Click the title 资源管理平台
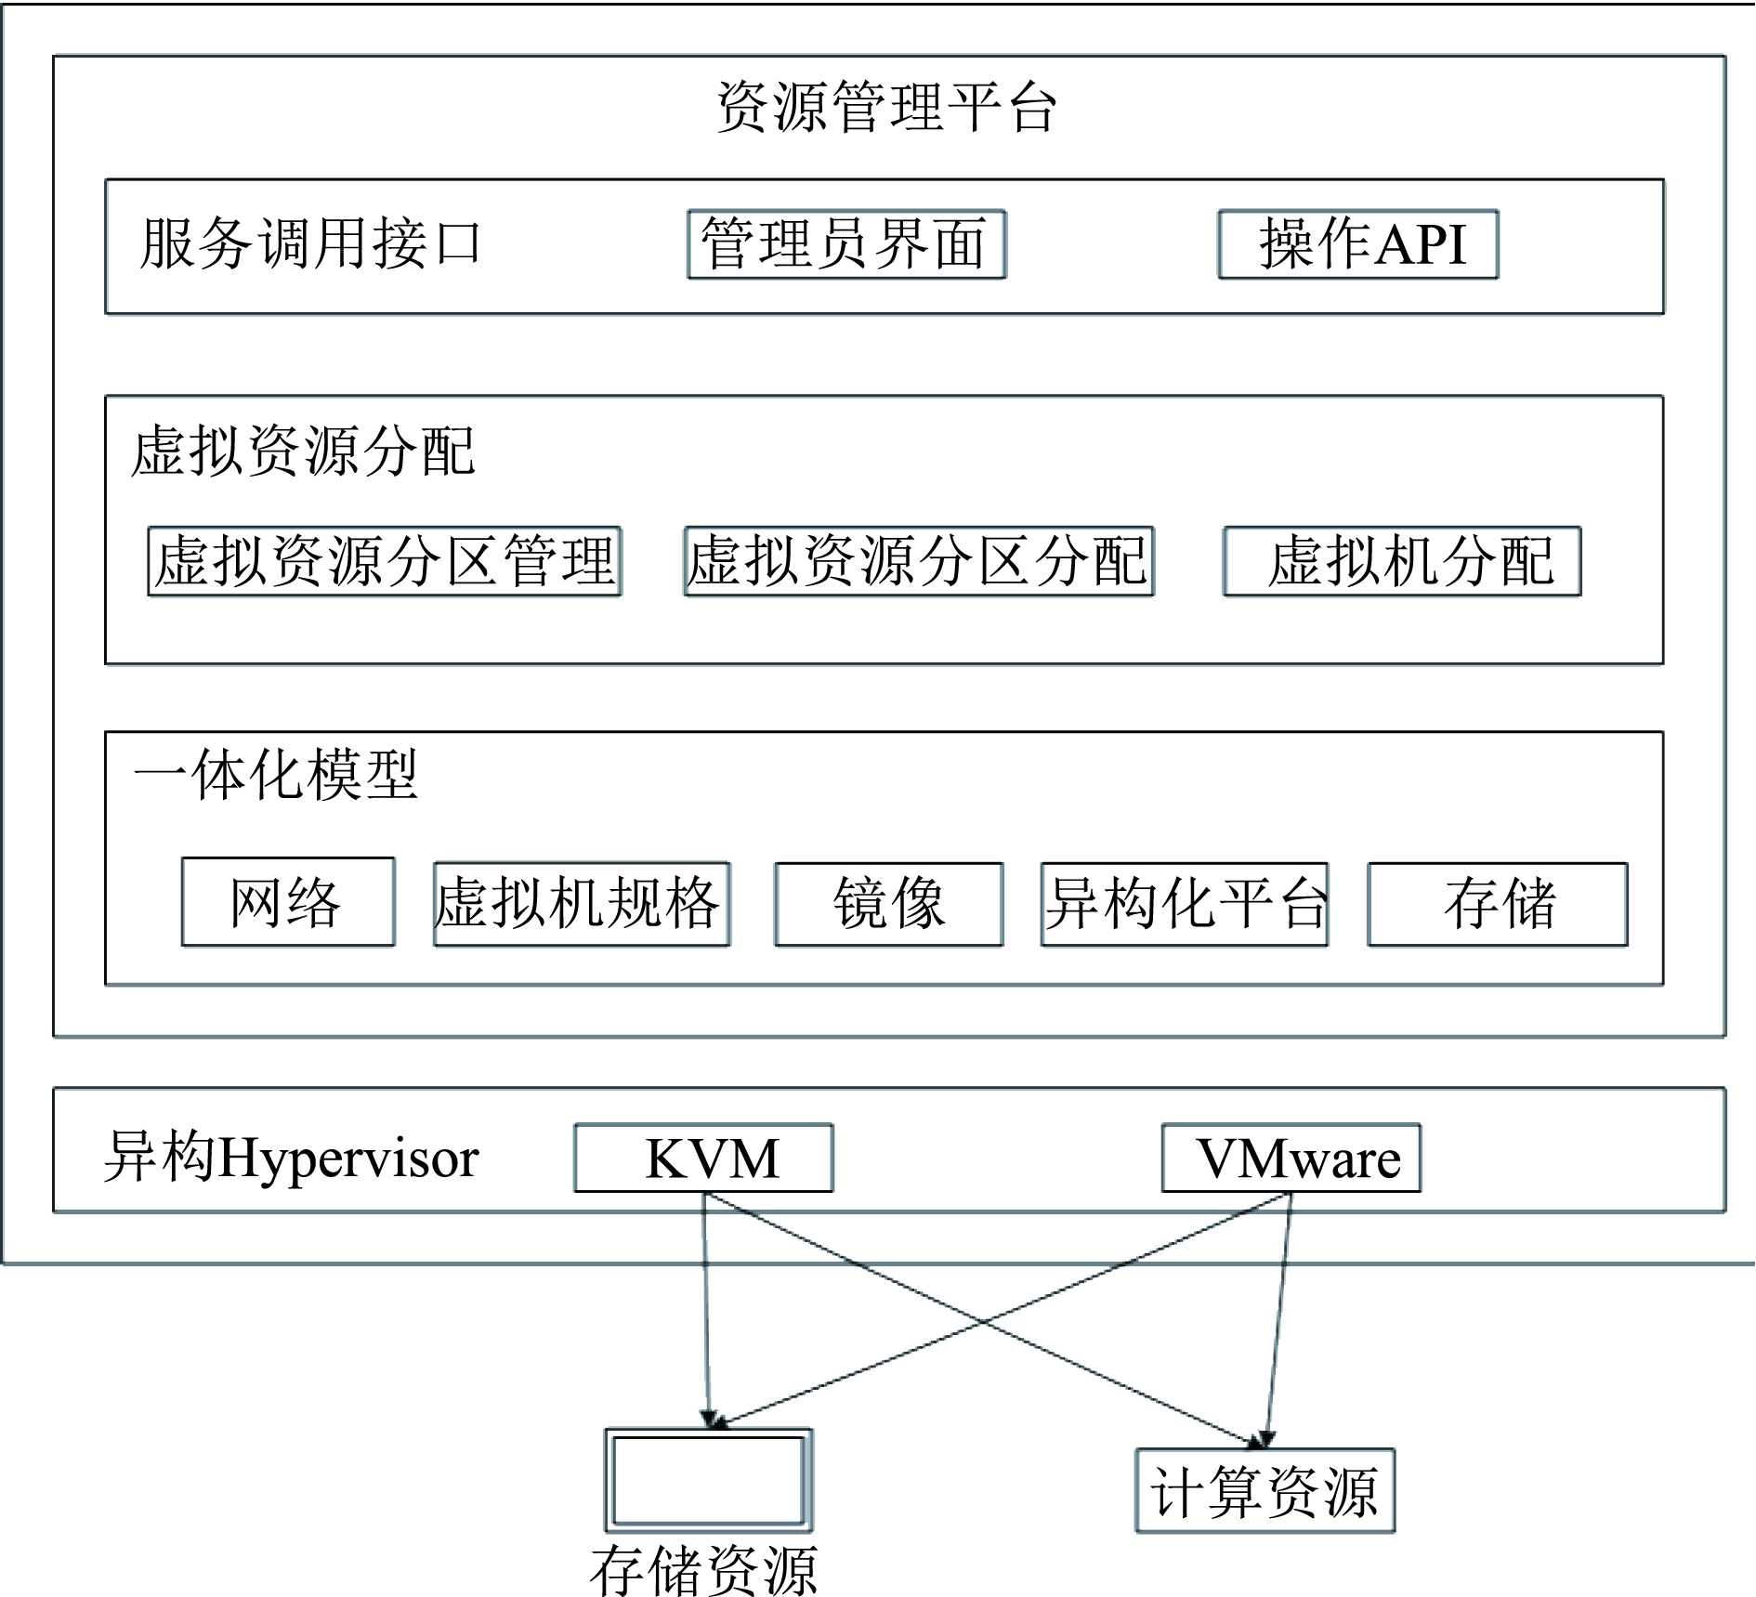coord(886,107)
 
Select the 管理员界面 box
coord(846,244)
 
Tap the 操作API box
coord(1358,244)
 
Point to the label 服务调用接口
coord(310,244)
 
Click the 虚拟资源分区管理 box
coord(385,561)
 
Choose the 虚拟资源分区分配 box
coord(918,561)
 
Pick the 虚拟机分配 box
coord(1402,561)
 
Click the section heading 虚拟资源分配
coord(304,452)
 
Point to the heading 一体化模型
coord(276,774)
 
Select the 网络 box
coord(288,902)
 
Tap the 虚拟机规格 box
coord(582,904)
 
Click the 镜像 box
coord(889,904)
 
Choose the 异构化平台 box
coord(1185,904)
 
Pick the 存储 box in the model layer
coord(1498,904)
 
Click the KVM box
coord(703,1158)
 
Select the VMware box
coord(1291,1158)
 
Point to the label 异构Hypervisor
coord(291,1158)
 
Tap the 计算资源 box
coord(1265,1491)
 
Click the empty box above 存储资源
coord(709,1481)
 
